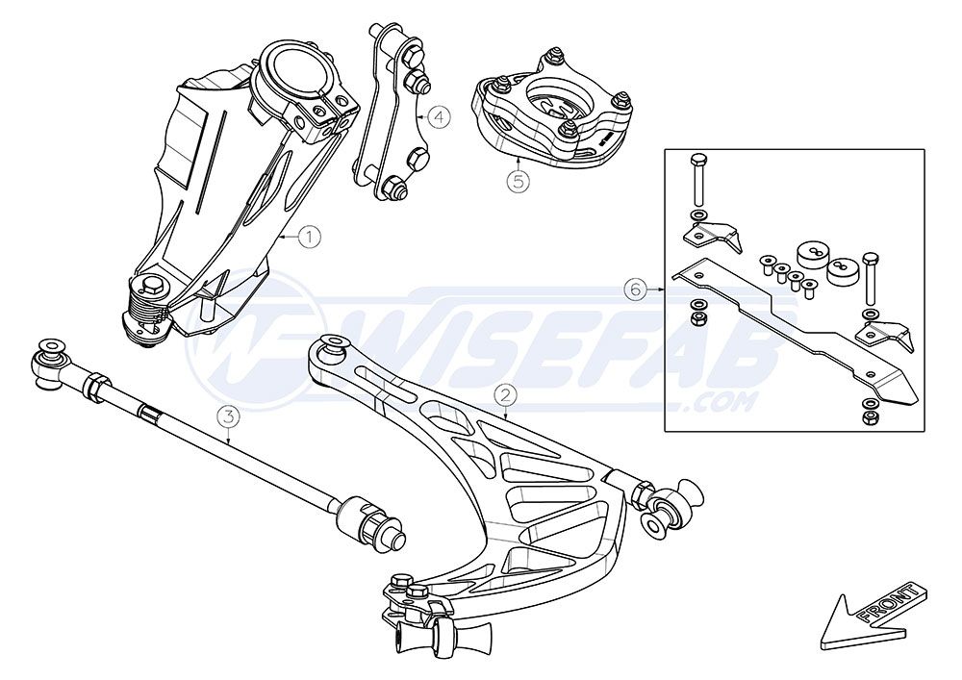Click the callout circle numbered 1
(x=310, y=236)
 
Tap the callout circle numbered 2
(x=506, y=395)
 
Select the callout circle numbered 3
(x=228, y=417)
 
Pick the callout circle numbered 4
(x=440, y=115)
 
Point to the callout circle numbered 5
(x=519, y=181)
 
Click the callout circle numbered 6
(x=636, y=289)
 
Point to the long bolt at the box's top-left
(x=697, y=179)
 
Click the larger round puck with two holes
(x=814, y=253)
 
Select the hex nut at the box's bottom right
(x=869, y=418)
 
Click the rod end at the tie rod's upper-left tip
(x=49, y=365)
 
